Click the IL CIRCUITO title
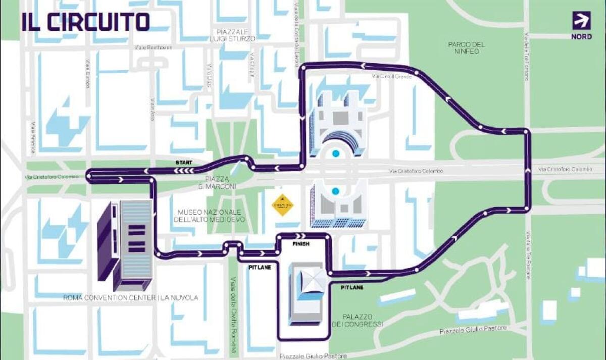coord(85,22)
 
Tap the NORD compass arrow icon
coord(581,20)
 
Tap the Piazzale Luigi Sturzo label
coord(233,35)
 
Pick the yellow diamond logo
coord(283,205)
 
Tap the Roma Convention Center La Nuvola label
coord(130,298)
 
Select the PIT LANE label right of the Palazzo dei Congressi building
coord(352,287)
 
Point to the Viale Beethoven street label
coord(154,47)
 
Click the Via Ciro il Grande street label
coord(392,76)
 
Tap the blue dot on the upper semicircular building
coord(335,153)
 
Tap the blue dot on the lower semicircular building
coord(335,191)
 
